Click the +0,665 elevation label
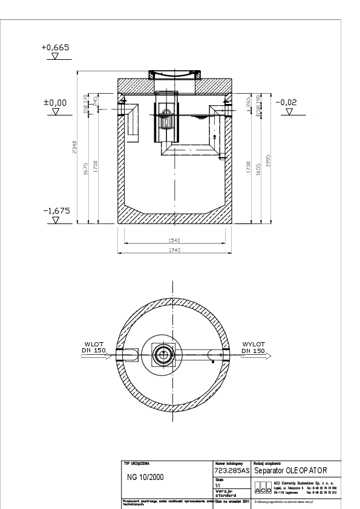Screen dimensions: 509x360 56,47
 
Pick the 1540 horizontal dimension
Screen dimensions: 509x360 174,240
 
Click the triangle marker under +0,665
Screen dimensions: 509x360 56,57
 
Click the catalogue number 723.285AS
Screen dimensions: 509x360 231,470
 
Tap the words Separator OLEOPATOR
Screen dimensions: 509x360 291,470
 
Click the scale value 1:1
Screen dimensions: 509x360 218,484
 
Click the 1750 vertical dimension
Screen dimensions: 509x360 97,167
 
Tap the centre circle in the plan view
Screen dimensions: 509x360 163,355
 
